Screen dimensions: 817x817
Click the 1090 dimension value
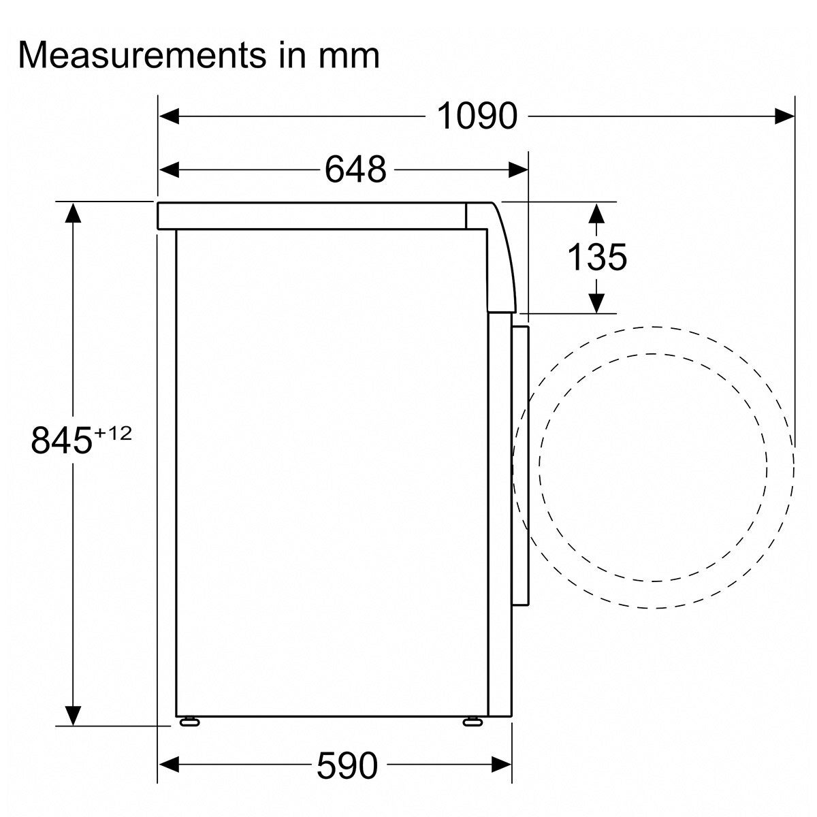[x=477, y=116]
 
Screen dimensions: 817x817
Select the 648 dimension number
[x=355, y=170]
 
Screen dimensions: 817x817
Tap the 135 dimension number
[x=596, y=257]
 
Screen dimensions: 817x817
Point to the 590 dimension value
[x=347, y=765]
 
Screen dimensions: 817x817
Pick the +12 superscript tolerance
[x=113, y=434]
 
